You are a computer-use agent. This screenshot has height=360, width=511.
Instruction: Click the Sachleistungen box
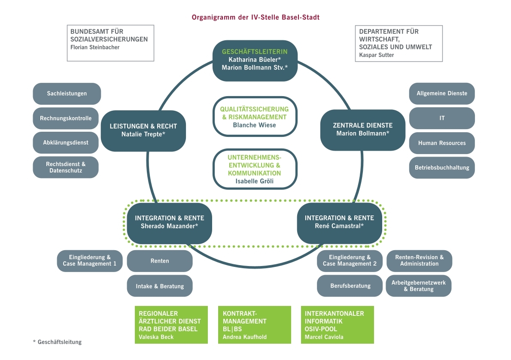67,94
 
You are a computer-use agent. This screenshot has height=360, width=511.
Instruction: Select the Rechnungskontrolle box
66,118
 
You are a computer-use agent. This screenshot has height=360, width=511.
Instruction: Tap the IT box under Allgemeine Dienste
442,118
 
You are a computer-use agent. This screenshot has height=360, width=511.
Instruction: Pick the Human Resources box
442,143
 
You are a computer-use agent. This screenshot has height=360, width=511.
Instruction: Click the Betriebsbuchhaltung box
442,167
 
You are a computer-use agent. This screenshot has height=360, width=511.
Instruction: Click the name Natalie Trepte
143,134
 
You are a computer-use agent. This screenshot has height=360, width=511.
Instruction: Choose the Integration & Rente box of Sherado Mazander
169,222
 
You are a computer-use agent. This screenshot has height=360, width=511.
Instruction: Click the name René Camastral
339,225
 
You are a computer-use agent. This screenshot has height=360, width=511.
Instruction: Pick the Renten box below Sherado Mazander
160,261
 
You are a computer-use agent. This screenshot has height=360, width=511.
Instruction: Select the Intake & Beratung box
160,286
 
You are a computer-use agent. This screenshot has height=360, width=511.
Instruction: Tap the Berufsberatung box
350,286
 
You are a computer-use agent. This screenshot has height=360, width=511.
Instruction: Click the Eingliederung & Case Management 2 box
350,261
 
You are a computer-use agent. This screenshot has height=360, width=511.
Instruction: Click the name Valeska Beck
156,337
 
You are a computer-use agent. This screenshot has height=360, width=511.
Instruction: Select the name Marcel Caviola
324,337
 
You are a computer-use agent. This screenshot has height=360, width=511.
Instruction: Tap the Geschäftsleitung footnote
57,342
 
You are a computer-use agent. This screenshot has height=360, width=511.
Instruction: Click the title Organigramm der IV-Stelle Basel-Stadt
255,18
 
